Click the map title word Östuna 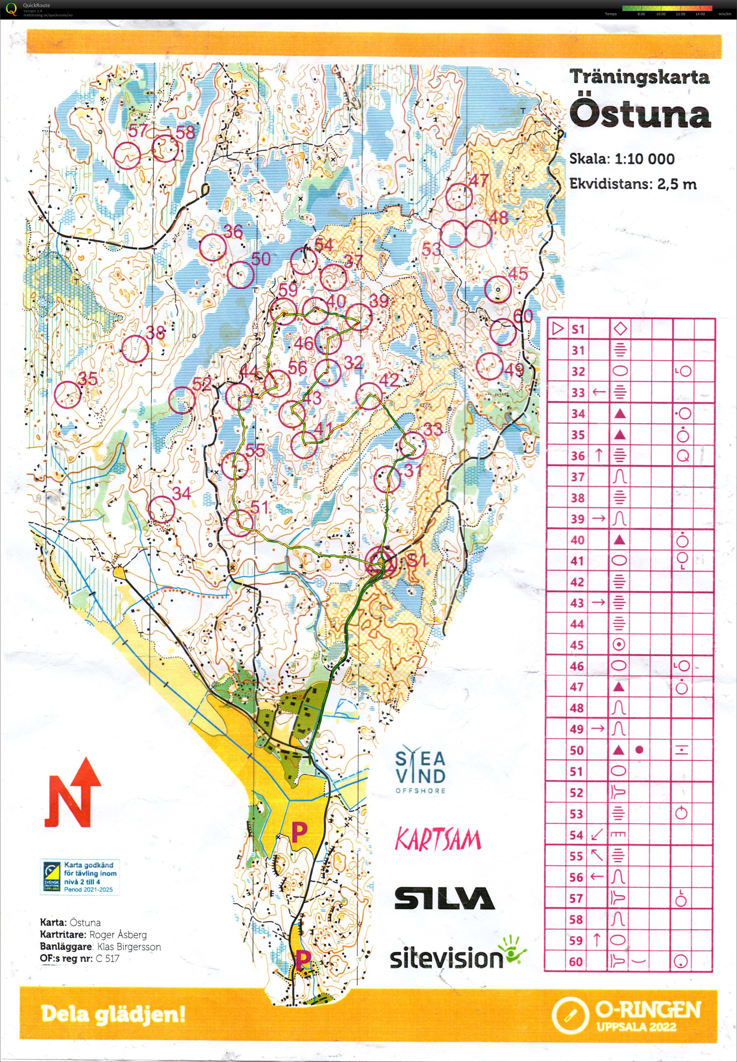[x=640, y=114]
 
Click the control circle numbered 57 [x=127, y=155]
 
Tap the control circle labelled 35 [x=67, y=394]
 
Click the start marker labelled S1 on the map [x=381, y=562]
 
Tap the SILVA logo [x=444, y=898]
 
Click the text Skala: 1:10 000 [x=622, y=159]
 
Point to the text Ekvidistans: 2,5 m [x=632, y=184]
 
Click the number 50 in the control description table [x=577, y=750]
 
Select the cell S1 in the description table [x=578, y=329]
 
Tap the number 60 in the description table [x=576, y=961]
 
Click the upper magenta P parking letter [x=299, y=832]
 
